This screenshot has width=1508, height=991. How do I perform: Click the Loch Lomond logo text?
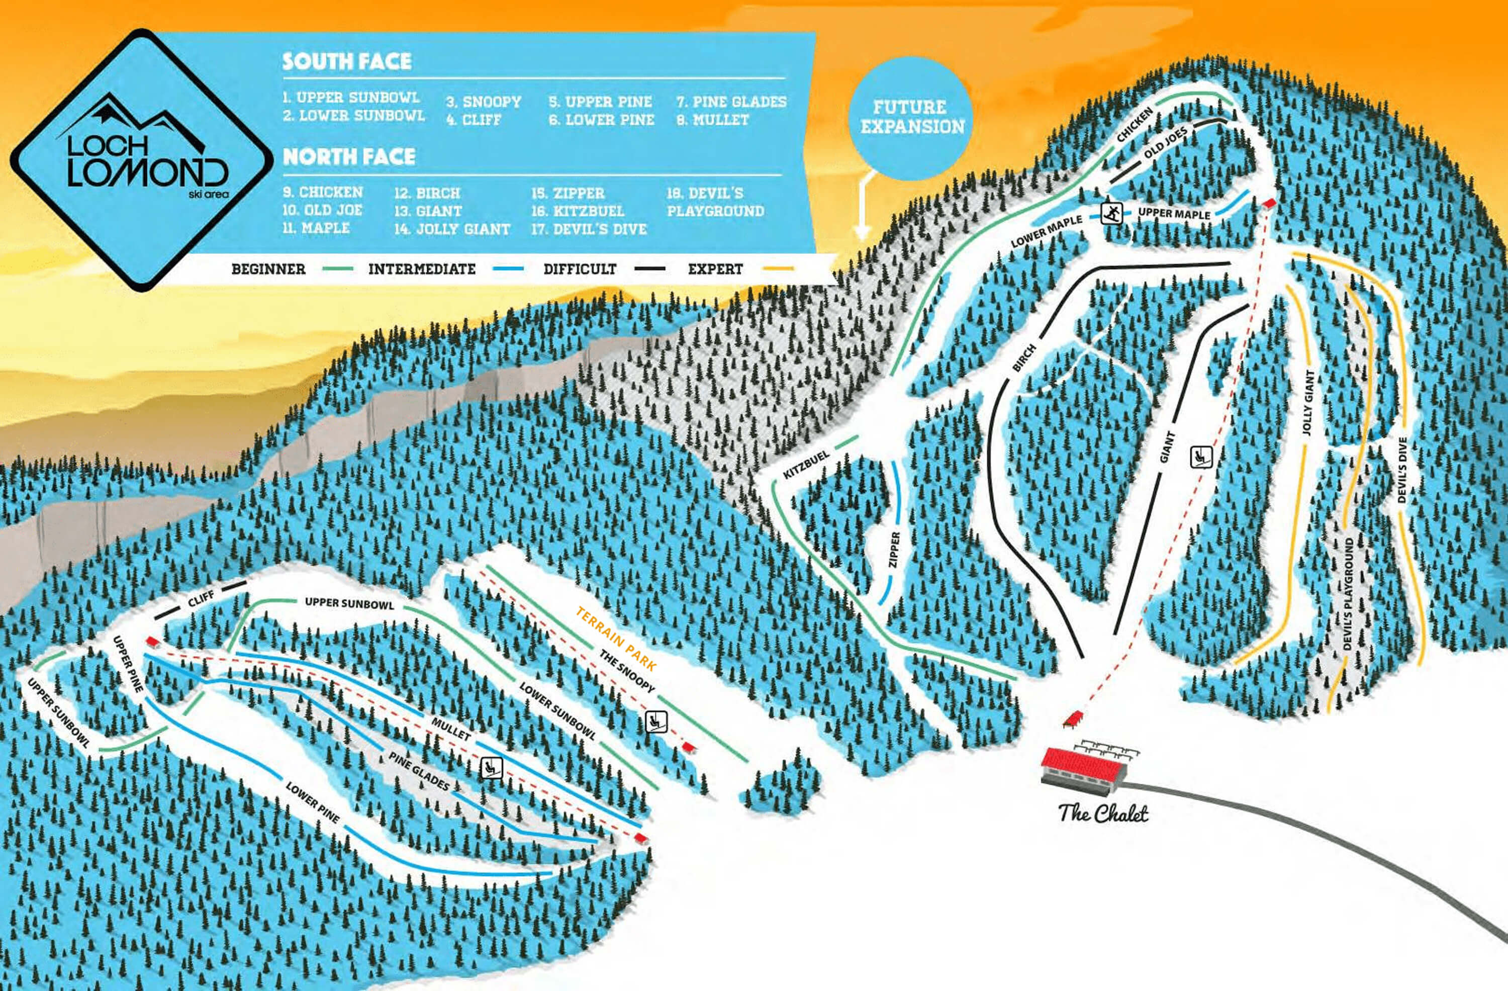coord(146,161)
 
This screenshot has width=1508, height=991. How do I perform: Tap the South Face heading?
coord(346,61)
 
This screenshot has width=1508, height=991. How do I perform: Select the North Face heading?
coord(348,156)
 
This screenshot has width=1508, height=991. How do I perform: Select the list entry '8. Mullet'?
coord(713,120)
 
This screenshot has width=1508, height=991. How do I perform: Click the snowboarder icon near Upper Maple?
coord(1111,213)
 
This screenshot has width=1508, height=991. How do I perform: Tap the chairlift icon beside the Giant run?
coord(1201,456)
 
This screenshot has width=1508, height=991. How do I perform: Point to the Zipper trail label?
coord(894,550)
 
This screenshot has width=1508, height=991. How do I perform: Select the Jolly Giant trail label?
coord(1308,402)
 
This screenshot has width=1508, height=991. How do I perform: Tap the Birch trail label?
coord(1024,358)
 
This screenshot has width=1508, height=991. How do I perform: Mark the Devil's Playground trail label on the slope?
coord(1347,594)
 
